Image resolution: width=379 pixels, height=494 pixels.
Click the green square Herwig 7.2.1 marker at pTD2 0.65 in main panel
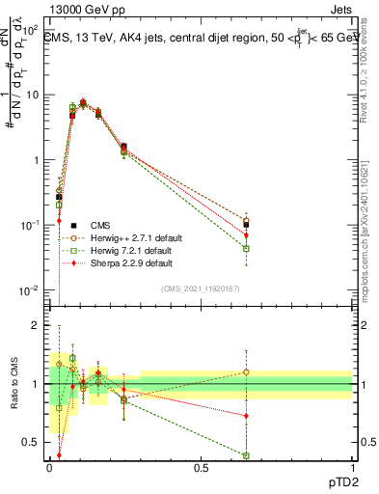[x=247, y=248]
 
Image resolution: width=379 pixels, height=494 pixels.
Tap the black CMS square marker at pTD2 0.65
[x=247, y=225]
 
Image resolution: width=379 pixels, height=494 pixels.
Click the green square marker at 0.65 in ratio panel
[x=247, y=455]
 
